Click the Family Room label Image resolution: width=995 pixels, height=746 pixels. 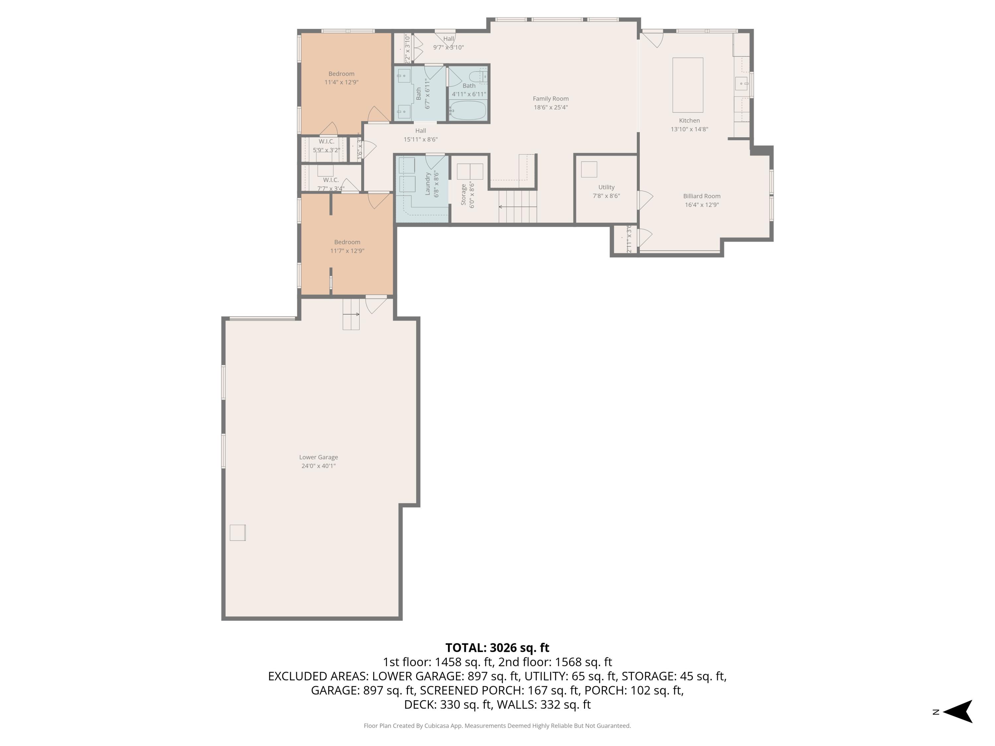coord(551,99)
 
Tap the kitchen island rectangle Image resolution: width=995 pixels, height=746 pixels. coord(687,85)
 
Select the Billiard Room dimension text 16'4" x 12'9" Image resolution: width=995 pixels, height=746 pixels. coord(702,205)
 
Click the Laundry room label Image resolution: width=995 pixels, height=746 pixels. coord(428,183)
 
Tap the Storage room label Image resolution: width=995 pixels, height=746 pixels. coord(463,195)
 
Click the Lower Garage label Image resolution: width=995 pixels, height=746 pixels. coord(318,457)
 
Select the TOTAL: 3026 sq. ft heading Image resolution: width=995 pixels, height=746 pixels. coord(497,648)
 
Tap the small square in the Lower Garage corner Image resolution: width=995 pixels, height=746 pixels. coord(237,533)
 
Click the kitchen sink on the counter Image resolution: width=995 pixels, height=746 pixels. coord(741,84)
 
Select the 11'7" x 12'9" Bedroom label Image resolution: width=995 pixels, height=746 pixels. coord(347,242)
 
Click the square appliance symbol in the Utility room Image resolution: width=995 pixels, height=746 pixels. coord(589,169)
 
